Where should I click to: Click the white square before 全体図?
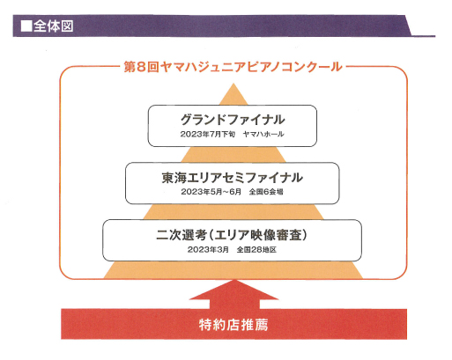tap(26, 26)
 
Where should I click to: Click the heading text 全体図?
tap(53, 26)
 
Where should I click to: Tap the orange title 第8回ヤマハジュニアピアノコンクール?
tap(233, 67)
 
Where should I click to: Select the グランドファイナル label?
tap(233, 120)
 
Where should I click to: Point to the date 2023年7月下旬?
tap(208, 134)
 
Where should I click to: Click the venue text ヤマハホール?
tap(263, 134)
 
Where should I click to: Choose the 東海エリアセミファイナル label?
tap(233, 178)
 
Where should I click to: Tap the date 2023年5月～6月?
tap(211, 192)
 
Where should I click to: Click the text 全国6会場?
tap(266, 192)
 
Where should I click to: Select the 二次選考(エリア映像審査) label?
tap(232, 235)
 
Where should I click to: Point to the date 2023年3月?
tap(208, 249)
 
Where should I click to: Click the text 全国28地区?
tap(256, 249)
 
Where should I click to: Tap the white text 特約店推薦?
tap(233, 325)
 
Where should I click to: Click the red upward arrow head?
tap(234, 290)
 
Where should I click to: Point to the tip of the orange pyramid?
tap(233, 84)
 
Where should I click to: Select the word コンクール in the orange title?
tap(312, 67)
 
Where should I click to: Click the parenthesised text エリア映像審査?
tap(258, 235)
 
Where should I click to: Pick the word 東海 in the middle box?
tap(174, 178)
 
